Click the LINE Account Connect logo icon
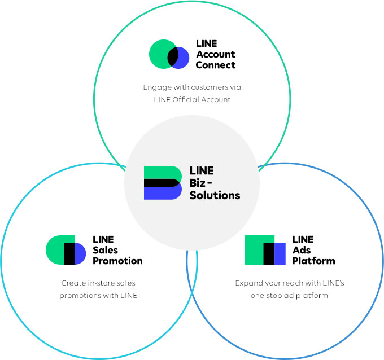pyautogui.click(x=169, y=55)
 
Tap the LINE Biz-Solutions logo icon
pyautogui.click(x=163, y=183)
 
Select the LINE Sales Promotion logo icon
pyautogui.click(x=66, y=250)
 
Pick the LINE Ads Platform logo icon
pyautogui.click(x=265, y=250)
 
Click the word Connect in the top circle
pyautogui.click(x=215, y=65)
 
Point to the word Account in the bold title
pyautogui.click(x=215, y=55)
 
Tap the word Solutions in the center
pyautogui.click(x=215, y=195)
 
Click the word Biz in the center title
pyautogui.click(x=198, y=183)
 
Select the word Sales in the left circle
pyautogui.click(x=105, y=250)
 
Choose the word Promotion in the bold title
pyautogui.click(x=117, y=261)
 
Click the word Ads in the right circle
pyautogui.click(x=302, y=250)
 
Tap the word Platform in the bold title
pyautogui.click(x=313, y=261)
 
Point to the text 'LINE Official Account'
pyautogui.click(x=192, y=100)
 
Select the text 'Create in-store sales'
pyautogui.click(x=98, y=283)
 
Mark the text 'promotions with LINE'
pyautogui.click(x=98, y=295)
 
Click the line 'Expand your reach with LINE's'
pyautogui.click(x=290, y=283)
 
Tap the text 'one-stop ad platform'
pyautogui.click(x=290, y=295)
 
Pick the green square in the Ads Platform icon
pyautogui.click(x=255, y=250)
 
